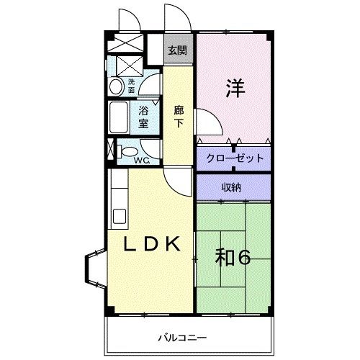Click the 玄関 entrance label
coord(178,51)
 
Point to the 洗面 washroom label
coord(131,86)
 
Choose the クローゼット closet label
coord(234,158)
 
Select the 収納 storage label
coord(231,186)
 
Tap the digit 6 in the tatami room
coord(243,257)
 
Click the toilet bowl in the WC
coord(126,153)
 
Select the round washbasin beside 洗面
coord(116,86)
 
